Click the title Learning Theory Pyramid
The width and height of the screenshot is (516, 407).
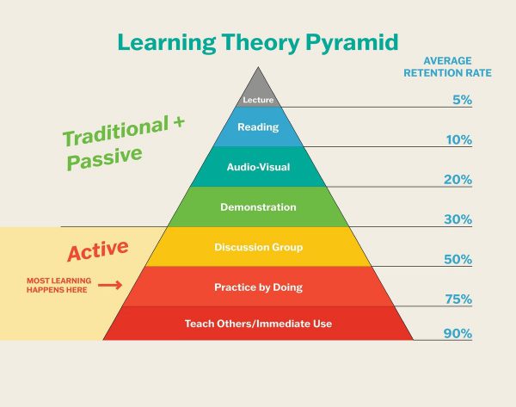point(257,41)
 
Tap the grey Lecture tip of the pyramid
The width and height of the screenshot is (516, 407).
point(258,97)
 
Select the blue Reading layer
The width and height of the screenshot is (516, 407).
point(258,127)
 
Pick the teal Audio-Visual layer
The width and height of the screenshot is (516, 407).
point(258,167)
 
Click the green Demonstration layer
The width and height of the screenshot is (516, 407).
point(258,207)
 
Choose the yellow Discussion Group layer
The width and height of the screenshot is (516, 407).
point(258,247)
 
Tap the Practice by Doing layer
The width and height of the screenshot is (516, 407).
point(258,286)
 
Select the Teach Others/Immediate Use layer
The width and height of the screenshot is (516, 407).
point(258,324)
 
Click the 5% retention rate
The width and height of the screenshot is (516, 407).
point(462,100)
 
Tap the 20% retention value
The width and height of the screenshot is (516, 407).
point(459,180)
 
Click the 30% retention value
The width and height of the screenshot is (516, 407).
point(458,219)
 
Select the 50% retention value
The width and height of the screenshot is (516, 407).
point(458,259)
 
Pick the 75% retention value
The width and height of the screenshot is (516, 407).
point(458,299)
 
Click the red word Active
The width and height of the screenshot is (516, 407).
point(98,251)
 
